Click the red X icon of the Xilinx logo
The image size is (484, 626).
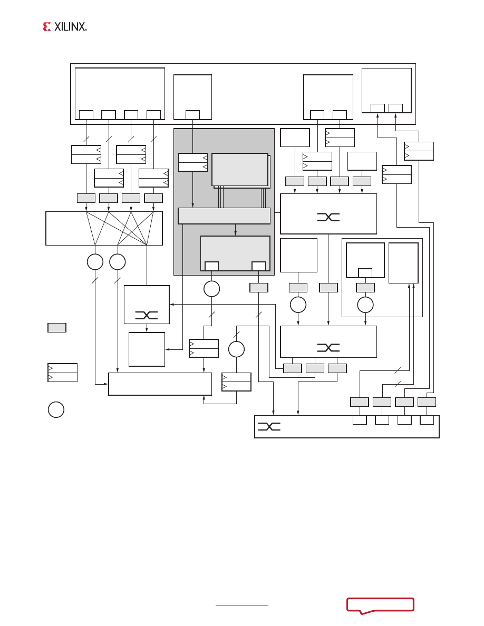(47, 27)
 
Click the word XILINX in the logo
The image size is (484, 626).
(70, 27)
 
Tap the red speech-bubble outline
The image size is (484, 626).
(380, 605)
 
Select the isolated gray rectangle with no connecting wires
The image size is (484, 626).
(57, 328)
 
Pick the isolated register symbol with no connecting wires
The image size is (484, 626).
(62, 373)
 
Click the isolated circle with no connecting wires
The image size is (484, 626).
(56, 409)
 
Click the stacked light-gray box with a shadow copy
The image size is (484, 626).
(241, 171)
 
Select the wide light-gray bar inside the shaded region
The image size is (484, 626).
(224, 216)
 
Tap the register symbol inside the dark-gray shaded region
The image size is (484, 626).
(193, 162)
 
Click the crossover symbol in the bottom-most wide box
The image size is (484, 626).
(269, 427)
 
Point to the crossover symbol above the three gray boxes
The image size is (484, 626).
(328, 348)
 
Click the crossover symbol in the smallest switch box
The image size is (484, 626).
(147, 316)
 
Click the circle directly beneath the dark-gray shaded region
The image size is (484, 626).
(211, 289)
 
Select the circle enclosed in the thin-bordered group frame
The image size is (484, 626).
(365, 305)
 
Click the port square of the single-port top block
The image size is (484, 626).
(192, 114)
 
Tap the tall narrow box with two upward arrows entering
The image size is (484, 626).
(403, 263)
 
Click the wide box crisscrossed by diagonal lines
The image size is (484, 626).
(104, 228)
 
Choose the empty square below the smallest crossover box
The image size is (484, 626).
(147, 349)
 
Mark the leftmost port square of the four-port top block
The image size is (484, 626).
(86, 114)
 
